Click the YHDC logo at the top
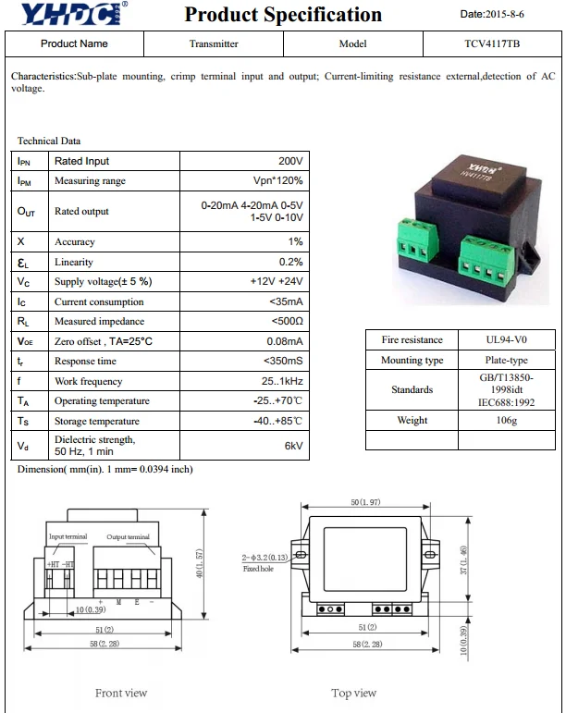click(69, 15)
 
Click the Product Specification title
click(283, 15)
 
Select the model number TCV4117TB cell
click(492, 43)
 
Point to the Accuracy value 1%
click(295, 241)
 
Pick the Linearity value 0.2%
click(290, 262)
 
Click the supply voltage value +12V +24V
click(276, 281)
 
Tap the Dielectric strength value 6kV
click(293, 446)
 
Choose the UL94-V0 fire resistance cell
click(507, 340)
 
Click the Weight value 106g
click(507, 420)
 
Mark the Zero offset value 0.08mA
click(283, 341)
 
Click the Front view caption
click(121, 693)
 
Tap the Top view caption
click(354, 693)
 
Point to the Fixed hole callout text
click(258, 569)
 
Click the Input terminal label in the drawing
click(68, 537)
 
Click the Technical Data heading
click(49, 141)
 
